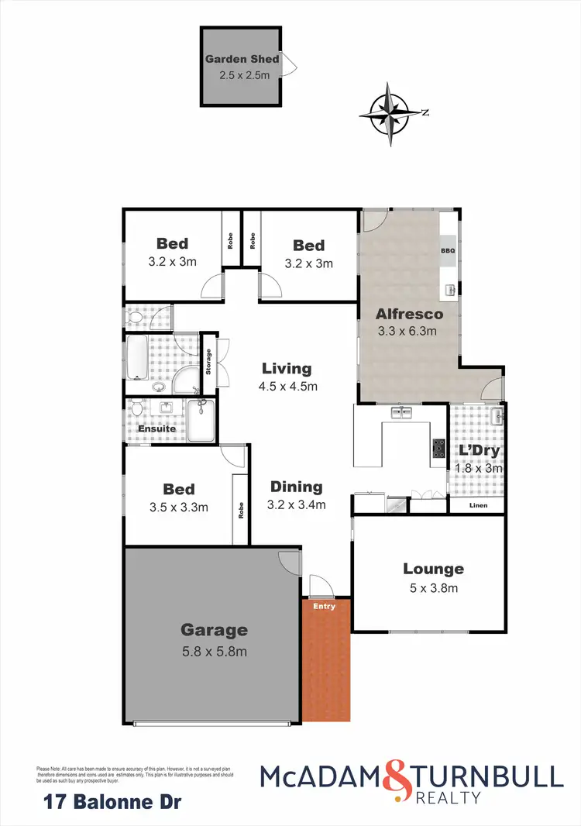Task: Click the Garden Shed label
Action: click(242, 59)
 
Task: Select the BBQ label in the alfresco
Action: click(448, 251)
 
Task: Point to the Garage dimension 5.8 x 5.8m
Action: click(214, 651)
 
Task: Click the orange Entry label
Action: click(325, 606)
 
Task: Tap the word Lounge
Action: click(433, 569)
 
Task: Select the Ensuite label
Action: click(157, 428)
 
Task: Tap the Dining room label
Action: click(296, 487)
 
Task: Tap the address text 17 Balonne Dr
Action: click(109, 802)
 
